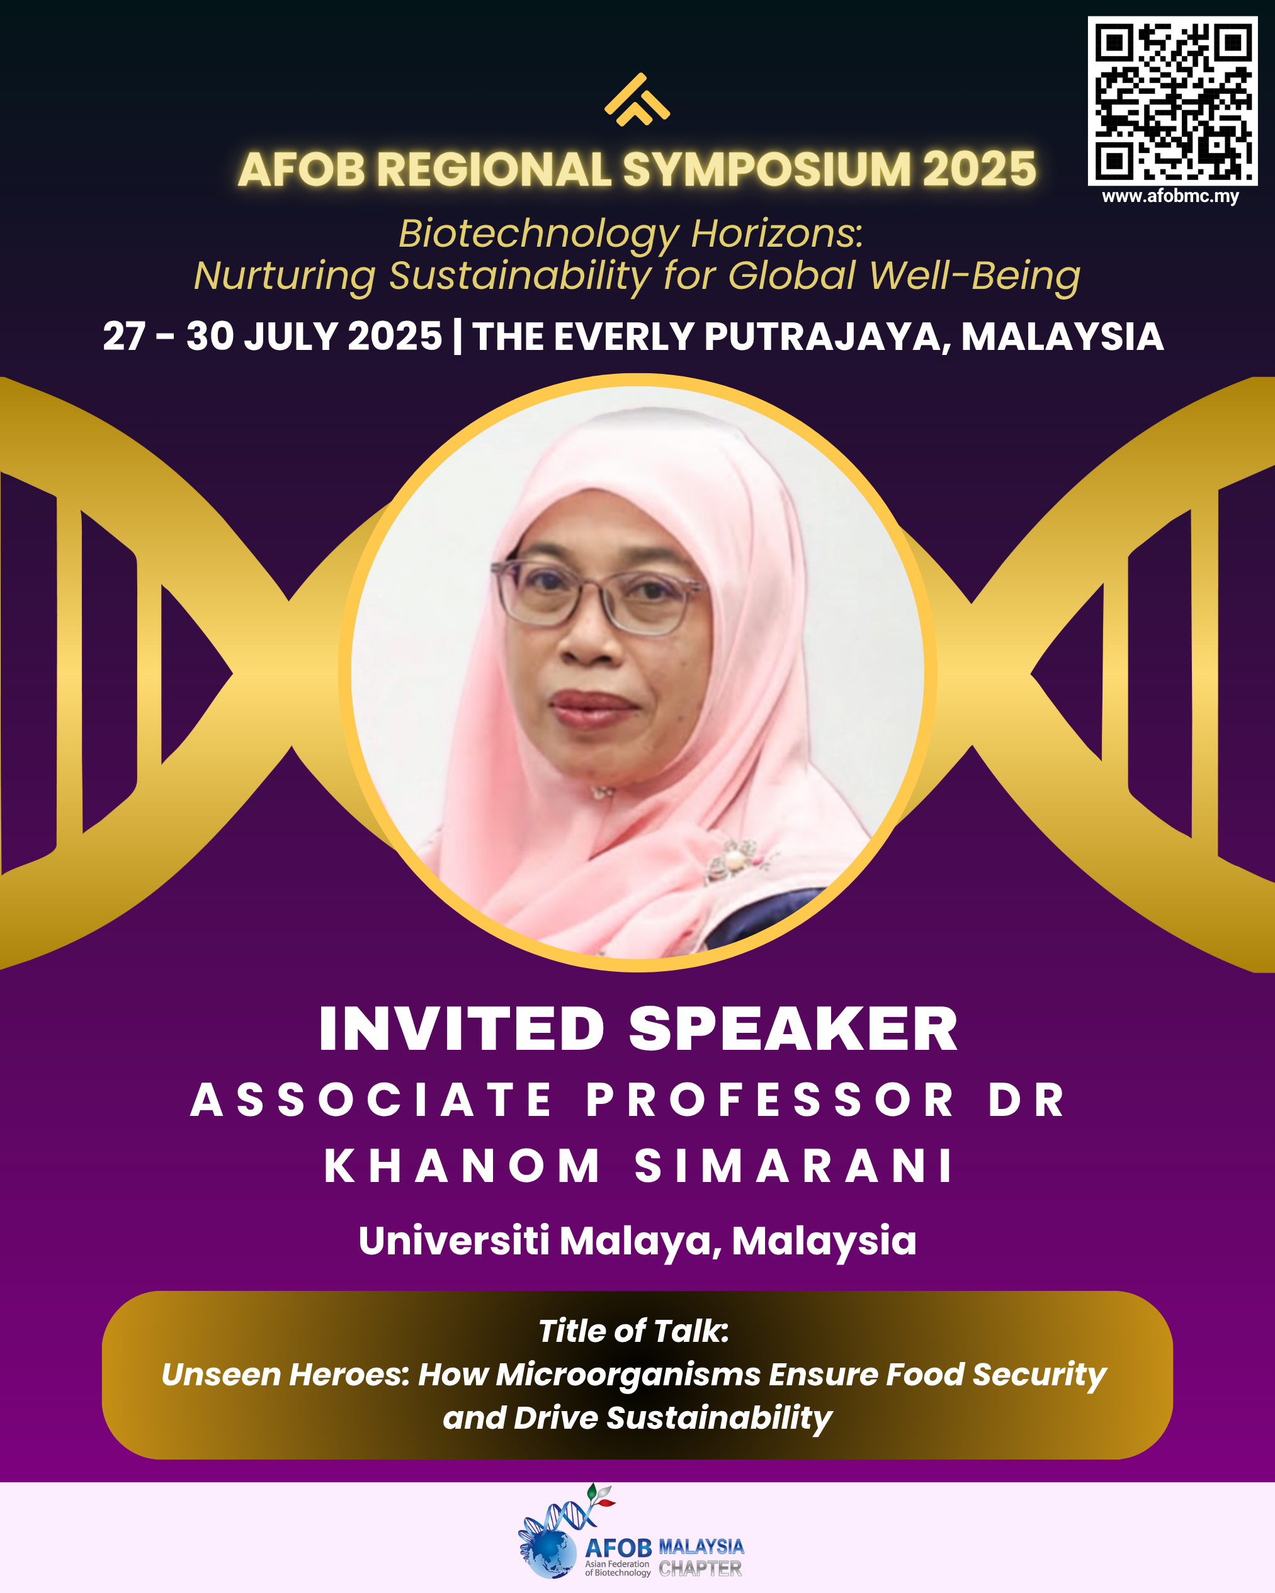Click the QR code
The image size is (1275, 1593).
point(1172,101)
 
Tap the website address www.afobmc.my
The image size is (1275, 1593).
point(1170,196)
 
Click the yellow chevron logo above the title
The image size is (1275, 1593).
point(637,99)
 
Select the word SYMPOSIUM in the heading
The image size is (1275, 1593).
point(766,169)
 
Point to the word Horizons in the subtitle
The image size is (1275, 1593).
point(777,234)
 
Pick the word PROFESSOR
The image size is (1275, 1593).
point(771,1100)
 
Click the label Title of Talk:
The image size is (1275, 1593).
point(633,1331)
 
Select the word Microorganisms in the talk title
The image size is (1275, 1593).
point(628,1375)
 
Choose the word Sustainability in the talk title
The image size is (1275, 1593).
point(719,1419)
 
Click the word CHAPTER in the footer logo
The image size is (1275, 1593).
point(700,1568)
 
